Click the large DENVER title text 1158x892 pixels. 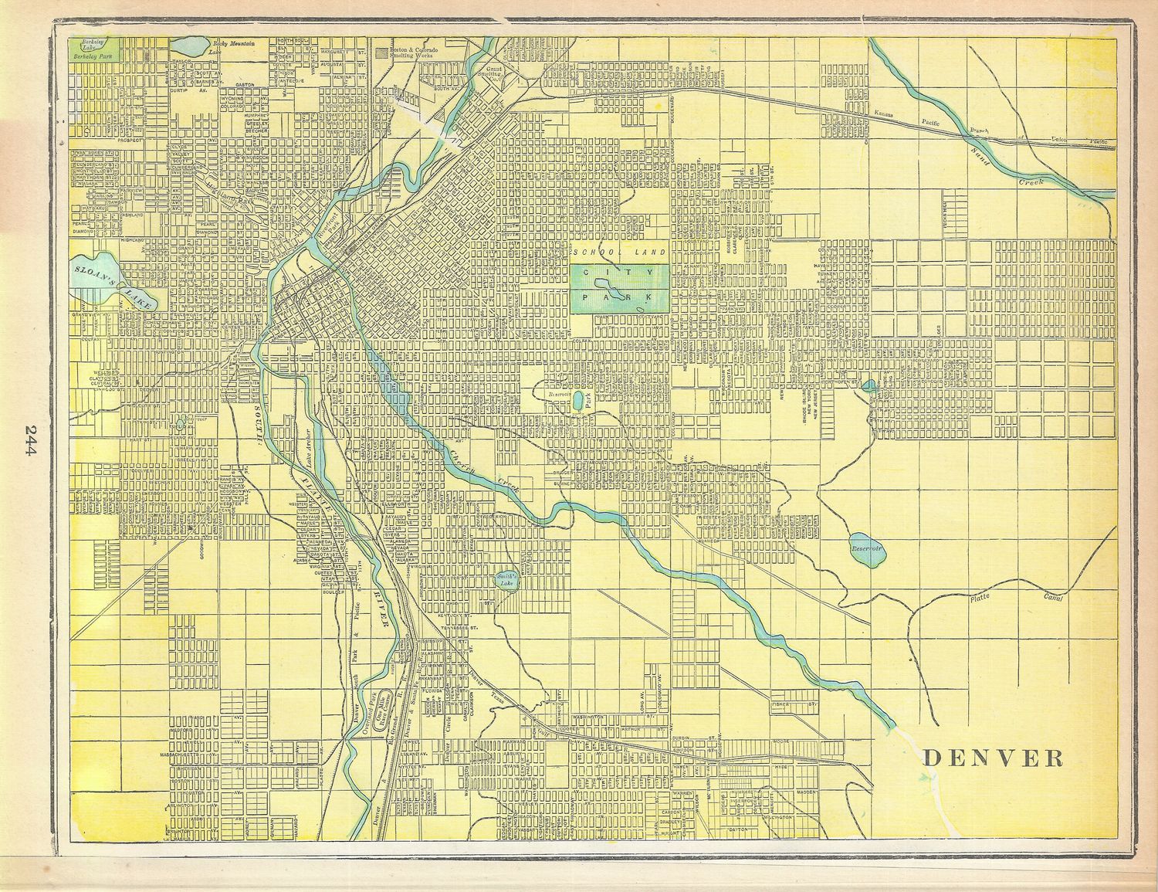pyautogui.click(x=993, y=758)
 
